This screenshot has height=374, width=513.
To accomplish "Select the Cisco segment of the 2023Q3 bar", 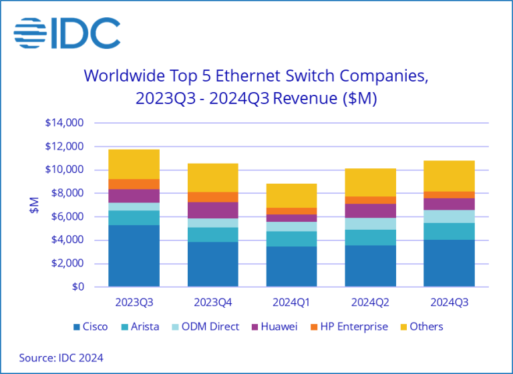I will click(x=134, y=256).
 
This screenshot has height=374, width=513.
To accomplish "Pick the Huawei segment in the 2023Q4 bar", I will click(x=212, y=210).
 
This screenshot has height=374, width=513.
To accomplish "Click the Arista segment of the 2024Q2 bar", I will click(x=371, y=238).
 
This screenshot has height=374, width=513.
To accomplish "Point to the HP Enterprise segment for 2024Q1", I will click(x=291, y=211).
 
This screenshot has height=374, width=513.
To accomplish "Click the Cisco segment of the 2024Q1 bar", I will click(x=291, y=266).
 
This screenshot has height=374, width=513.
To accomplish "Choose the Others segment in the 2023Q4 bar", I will click(x=212, y=178).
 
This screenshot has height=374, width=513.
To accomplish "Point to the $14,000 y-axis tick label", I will click(x=64, y=123).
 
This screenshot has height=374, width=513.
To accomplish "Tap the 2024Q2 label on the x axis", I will click(x=371, y=302).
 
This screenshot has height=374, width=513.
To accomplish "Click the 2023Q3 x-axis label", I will click(x=134, y=302).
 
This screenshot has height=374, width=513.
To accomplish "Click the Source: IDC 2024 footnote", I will click(x=61, y=358).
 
